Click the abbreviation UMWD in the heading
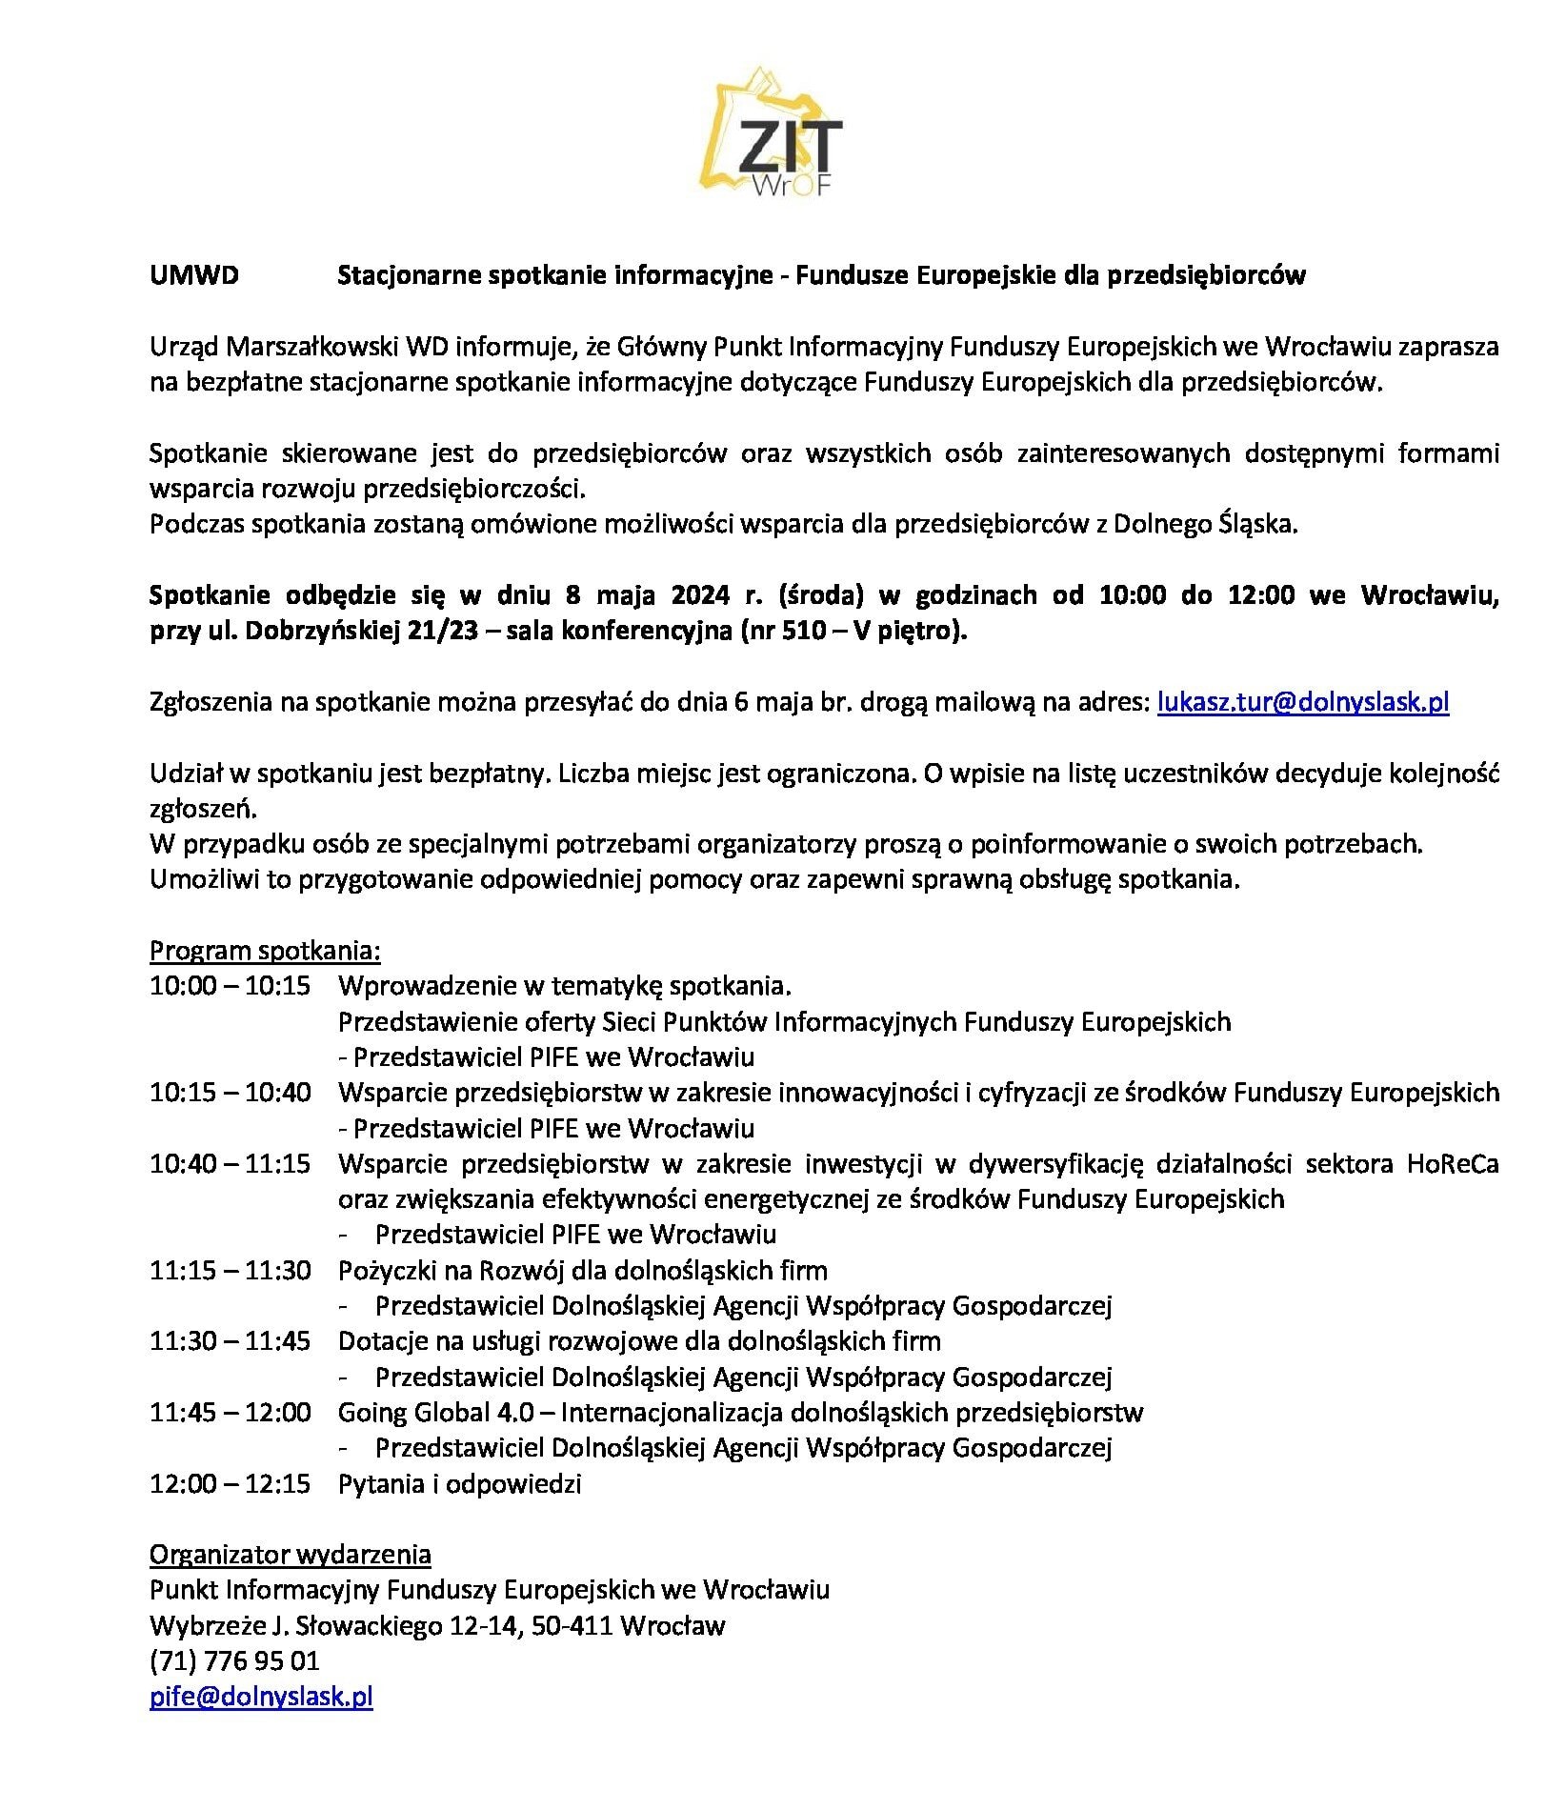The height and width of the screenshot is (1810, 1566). pyautogui.click(x=194, y=275)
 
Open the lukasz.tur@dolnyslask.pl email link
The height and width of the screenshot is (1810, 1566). pyautogui.click(x=1302, y=703)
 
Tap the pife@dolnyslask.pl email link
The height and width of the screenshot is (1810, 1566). pyautogui.click(x=261, y=1697)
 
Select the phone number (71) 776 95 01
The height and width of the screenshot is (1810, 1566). pyautogui.click(x=234, y=1661)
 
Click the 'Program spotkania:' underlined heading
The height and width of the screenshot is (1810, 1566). pyautogui.click(x=265, y=951)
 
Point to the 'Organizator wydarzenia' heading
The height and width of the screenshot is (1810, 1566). pyautogui.click(x=291, y=1555)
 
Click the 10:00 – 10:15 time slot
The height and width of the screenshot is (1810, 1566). pyautogui.click(x=230, y=986)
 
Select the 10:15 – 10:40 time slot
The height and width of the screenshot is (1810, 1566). pyautogui.click(x=230, y=1093)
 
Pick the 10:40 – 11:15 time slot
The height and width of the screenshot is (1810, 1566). pyautogui.click(x=230, y=1164)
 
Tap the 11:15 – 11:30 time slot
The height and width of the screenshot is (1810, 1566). pyautogui.click(x=230, y=1271)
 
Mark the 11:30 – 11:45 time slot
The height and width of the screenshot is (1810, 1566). pyautogui.click(x=230, y=1341)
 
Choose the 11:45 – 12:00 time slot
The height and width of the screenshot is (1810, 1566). pyautogui.click(x=230, y=1412)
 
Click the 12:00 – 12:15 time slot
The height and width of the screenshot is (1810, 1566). pyautogui.click(x=230, y=1484)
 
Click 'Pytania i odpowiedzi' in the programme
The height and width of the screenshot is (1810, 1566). pyautogui.click(x=459, y=1484)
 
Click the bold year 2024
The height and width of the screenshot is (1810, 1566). pyautogui.click(x=700, y=596)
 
